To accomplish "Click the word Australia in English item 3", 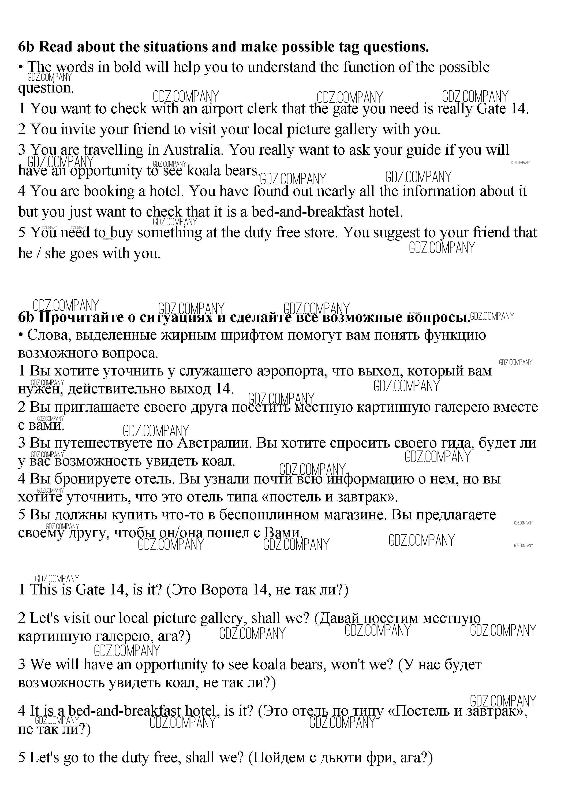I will [192, 150].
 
